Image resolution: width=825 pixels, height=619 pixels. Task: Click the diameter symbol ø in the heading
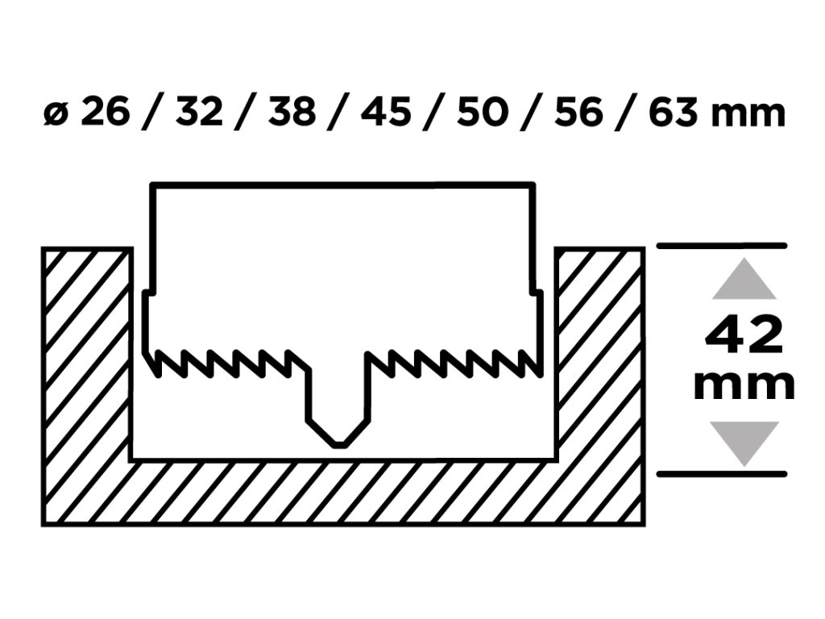pos(55,114)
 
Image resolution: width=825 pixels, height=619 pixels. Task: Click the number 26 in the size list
pos(105,112)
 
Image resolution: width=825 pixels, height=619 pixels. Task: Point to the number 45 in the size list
pos(388,112)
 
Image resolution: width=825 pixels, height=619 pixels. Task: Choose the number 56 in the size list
pos(578,112)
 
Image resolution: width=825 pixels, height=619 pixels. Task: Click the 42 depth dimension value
pos(744,336)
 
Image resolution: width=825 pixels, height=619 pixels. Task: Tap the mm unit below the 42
pos(744,385)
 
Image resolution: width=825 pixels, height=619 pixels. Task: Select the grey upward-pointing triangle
pos(744,280)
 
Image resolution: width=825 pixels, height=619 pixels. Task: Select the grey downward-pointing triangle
pos(744,442)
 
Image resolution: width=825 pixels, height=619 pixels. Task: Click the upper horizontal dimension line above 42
pos(722,245)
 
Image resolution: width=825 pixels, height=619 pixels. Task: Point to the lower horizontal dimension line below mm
pos(722,474)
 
